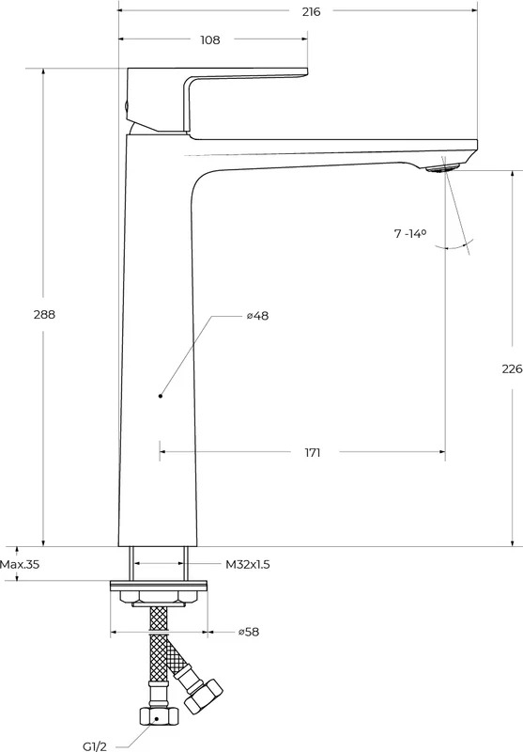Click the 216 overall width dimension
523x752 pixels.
[x=312, y=12]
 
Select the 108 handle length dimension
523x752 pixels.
[x=209, y=39]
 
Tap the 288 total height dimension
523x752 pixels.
[x=44, y=315]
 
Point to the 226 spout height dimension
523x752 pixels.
[x=512, y=368]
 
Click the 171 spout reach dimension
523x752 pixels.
[x=313, y=452]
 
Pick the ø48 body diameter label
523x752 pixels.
[x=257, y=316]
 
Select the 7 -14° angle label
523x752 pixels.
[x=410, y=233]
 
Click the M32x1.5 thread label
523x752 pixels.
[x=248, y=565]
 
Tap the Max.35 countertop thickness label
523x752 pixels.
[x=20, y=565]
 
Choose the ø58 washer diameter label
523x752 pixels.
[x=249, y=632]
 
